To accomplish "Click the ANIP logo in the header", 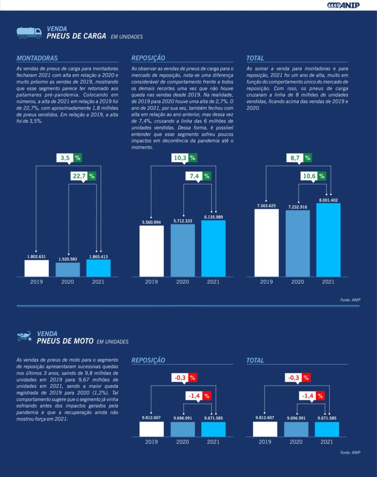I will [x=343, y=5].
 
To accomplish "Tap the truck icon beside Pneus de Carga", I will [x=29, y=32].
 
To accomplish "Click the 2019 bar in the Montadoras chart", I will [x=36, y=268].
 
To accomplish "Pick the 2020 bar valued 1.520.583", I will [x=67, y=270].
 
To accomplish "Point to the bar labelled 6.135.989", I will [x=213, y=249].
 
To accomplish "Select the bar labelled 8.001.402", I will [x=328, y=240].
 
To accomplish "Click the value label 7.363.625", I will [x=266, y=205].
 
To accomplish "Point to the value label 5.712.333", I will [x=182, y=221].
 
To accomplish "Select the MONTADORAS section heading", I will [x=37, y=58].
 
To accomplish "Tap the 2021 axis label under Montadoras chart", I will [x=98, y=282].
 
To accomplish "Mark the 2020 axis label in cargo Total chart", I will [x=297, y=282].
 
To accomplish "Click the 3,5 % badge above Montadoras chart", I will [x=69, y=158].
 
